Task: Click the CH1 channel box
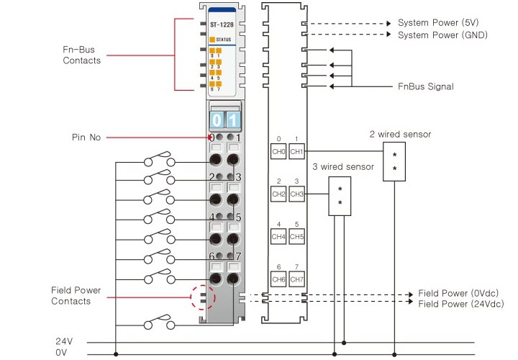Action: (x=296, y=152)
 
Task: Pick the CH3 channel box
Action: (x=296, y=194)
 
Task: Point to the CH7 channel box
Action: (x=296, y=279)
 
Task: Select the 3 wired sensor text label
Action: (x=343, y=166)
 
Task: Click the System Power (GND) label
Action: (x=442, y=35)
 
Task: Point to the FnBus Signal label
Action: (x=426, y=86)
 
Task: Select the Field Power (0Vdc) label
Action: (x=458, y=294)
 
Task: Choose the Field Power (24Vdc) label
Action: (x=460, y=305)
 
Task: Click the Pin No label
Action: (x=86, y=137)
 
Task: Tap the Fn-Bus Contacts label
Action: (x=81, y=55)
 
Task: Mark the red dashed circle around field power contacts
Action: (x=203, y=296)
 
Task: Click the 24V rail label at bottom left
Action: (x=65, y=341)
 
